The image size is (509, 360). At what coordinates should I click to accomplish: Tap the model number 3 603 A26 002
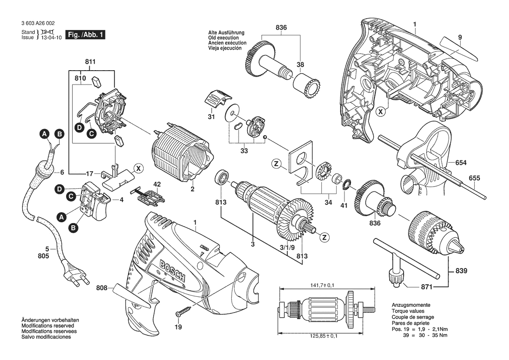38,24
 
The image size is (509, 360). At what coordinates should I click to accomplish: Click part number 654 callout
461,163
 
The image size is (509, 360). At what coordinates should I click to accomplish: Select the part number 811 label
90,63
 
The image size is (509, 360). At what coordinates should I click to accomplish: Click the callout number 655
475,178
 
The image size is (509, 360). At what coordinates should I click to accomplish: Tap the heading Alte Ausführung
226,33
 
